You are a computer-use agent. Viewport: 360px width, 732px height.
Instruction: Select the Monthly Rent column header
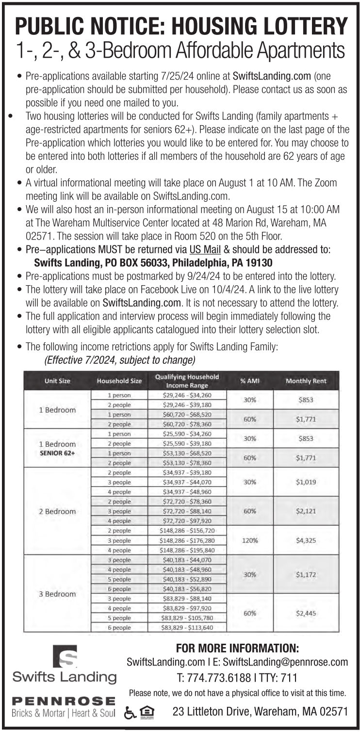(x=306, y=381)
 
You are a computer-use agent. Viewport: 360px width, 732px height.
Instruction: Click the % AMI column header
(x=250, y=381)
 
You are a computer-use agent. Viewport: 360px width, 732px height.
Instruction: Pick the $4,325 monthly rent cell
(x=306, y=540)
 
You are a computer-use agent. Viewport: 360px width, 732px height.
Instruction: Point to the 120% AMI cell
(x=250, y=540)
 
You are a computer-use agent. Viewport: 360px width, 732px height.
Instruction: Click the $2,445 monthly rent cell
(x=306, y=613)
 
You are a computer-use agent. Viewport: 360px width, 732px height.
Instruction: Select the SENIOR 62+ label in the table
(x=57, y=453)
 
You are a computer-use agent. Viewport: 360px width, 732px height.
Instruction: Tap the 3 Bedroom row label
(x=57, y=594)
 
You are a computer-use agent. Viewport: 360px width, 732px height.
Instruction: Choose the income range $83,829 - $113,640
(x=187, y=628)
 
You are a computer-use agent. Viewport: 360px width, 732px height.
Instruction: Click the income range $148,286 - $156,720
(x=187, y=531)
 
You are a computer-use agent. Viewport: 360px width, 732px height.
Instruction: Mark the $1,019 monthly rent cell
(x=306, y=482)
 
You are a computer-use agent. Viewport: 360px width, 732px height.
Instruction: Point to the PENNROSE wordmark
(x=64, y=701)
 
